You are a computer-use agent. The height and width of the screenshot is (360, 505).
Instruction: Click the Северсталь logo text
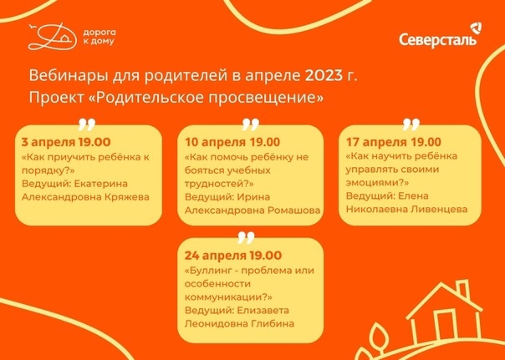point(437,40)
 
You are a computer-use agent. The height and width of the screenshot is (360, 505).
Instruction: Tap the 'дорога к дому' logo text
point(99,37)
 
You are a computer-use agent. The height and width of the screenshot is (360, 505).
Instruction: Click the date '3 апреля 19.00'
point(66,142)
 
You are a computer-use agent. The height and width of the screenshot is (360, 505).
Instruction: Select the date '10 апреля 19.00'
point(232,142)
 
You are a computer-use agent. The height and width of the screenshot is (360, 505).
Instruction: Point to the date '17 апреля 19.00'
point(393,142)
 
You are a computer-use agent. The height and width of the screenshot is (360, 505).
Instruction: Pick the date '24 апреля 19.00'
point(233,256)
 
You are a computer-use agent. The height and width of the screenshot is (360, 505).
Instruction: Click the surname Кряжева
point(127,197)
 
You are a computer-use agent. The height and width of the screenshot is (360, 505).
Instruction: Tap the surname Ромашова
point(293,210)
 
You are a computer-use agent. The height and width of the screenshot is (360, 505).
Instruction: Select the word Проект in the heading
point(56,98)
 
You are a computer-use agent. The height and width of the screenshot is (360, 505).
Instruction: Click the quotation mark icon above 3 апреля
point(87,124)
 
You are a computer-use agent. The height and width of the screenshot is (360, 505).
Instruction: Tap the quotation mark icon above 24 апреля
point(247,237)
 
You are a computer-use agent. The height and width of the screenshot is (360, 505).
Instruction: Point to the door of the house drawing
point(444,323)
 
